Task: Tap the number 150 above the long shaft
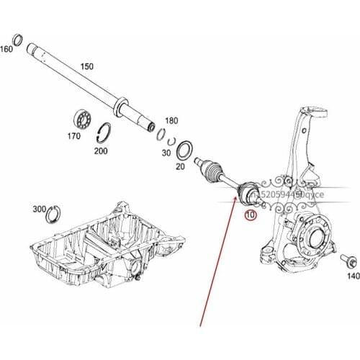[86, 67]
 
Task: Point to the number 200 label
[102, 152]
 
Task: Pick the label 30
[167, 153]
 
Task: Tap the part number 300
[40, 209]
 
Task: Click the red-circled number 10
[251, 215]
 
